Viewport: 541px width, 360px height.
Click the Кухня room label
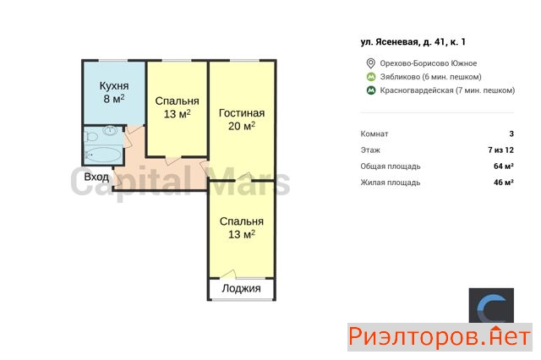click(114, 85)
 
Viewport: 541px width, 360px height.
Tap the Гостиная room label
click(242, 113)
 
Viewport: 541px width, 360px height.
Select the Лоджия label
click(241, 288)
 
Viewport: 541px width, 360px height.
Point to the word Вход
click(96, 177)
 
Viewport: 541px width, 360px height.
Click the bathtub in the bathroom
click(103, 155)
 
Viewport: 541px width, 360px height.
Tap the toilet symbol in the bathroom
click(90, 137)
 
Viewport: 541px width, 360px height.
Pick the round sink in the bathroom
click(110, 130)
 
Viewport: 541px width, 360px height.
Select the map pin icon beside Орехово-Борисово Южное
click(370, 63)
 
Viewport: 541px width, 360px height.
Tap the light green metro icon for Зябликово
click(370, 77)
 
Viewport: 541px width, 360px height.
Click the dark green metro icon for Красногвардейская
click(370, 90)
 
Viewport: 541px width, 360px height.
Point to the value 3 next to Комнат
click(511, 134)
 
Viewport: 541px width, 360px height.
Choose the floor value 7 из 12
click(500, 150)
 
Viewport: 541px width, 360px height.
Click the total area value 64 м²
click(504, 166)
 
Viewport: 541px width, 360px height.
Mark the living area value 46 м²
click(504, 183)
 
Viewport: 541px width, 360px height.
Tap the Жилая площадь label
click(391, 183)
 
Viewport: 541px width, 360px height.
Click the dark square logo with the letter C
click(491, 306)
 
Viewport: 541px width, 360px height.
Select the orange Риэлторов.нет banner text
click(440, 337)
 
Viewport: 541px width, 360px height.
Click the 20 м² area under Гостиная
click(242, 126)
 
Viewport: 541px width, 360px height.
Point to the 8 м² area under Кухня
click(114, 99)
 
